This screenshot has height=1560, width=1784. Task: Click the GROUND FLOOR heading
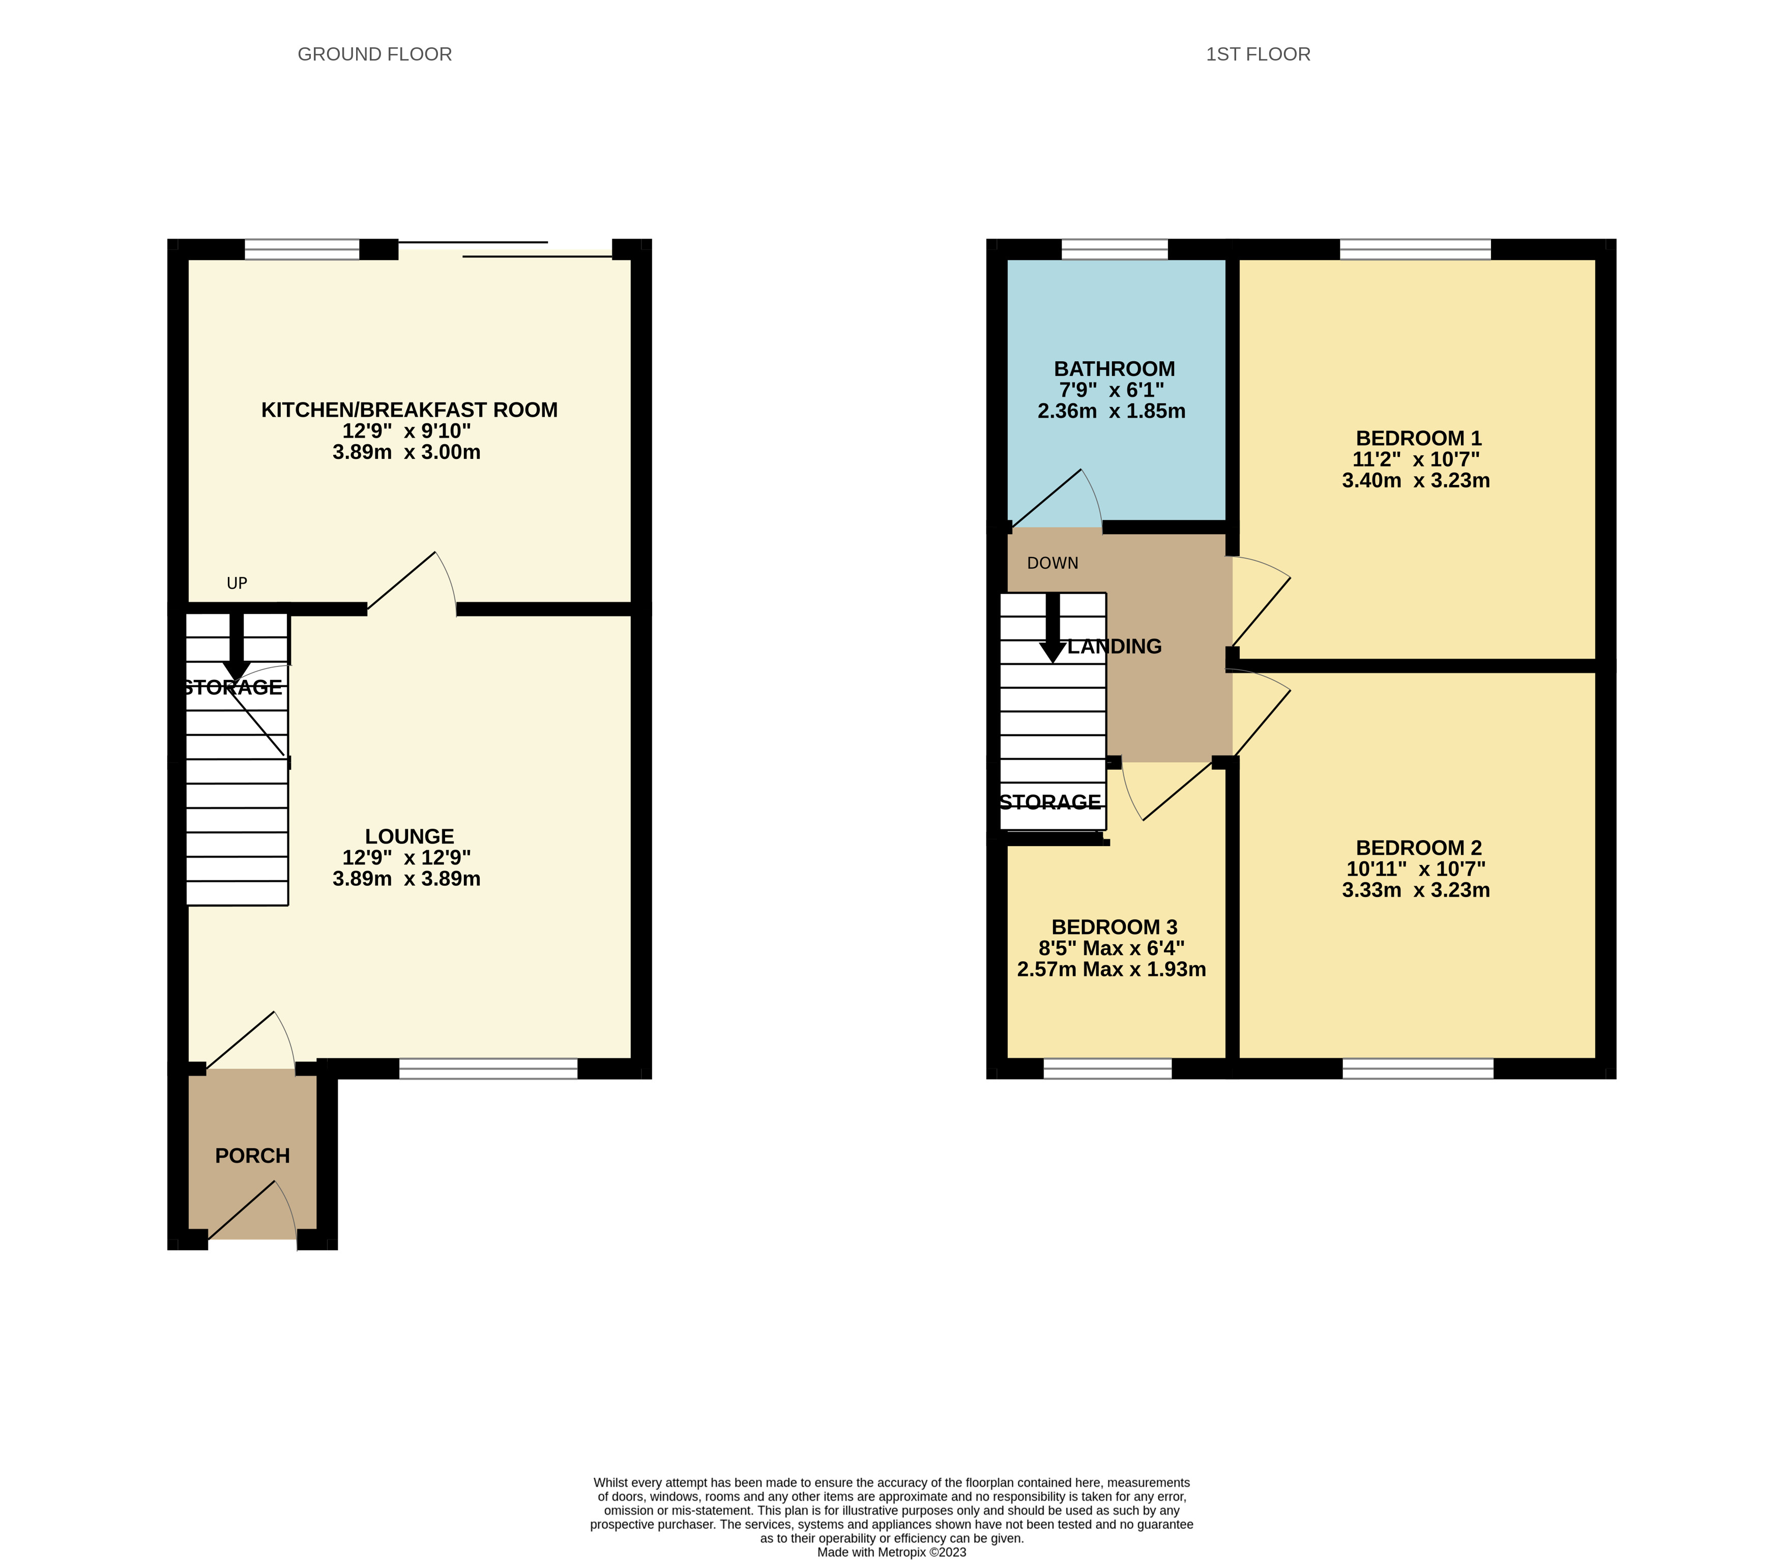tap(374, 54)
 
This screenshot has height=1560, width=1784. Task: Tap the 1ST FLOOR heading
tap(1257, 54)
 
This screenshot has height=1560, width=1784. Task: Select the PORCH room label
tap(252, 1155)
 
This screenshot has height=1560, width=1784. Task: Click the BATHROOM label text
tap(1114, 369)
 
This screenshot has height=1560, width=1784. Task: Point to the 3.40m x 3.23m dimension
tap(1416, 480)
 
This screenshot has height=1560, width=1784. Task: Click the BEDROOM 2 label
tap(1418, 848)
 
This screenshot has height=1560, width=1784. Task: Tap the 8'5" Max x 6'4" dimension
tap(1112, 948)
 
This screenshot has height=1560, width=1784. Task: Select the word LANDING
tap(1115, 647)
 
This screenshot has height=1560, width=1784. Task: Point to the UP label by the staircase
tap(237, 583)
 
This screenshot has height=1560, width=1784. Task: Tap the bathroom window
tap(1114, 249)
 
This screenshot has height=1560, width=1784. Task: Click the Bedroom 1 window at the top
tap(1415, 249)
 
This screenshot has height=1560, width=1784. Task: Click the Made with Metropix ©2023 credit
tap(891, 1552)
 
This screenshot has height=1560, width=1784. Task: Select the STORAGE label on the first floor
tap(1050, 802)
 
